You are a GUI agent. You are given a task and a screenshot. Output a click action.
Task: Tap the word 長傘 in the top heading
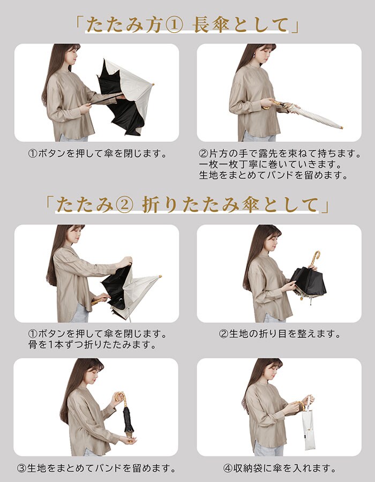[211, 25]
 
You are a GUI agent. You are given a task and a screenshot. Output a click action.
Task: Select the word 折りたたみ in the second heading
[191, 205]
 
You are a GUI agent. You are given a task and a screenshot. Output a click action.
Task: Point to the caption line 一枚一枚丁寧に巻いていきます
[271, 164]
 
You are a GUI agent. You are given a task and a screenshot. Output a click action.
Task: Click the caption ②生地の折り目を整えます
[280, 334]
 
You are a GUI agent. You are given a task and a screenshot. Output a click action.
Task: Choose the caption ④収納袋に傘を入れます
[280, 469]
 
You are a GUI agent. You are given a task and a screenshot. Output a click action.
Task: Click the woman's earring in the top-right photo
[255, 57]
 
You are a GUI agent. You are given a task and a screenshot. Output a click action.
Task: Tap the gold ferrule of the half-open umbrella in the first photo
[152, 84]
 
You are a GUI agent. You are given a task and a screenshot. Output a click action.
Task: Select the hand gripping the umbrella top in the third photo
[125, 262]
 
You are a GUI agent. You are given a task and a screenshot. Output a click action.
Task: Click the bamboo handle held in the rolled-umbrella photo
[271, 104]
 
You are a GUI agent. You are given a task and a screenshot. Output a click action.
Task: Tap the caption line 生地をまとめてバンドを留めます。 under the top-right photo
[274, 175]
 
